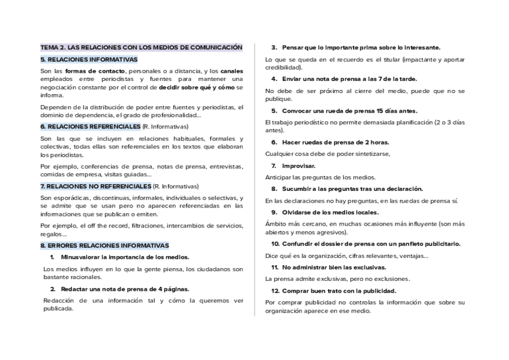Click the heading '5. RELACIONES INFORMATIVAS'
89,59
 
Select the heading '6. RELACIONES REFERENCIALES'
90,127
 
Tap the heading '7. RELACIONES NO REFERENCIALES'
96,186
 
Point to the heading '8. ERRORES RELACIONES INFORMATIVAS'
104,245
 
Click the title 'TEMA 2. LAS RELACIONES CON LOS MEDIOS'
141,47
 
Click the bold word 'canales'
232,71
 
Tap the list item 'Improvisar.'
298,166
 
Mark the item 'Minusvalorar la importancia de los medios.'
125,257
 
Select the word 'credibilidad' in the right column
283,67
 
